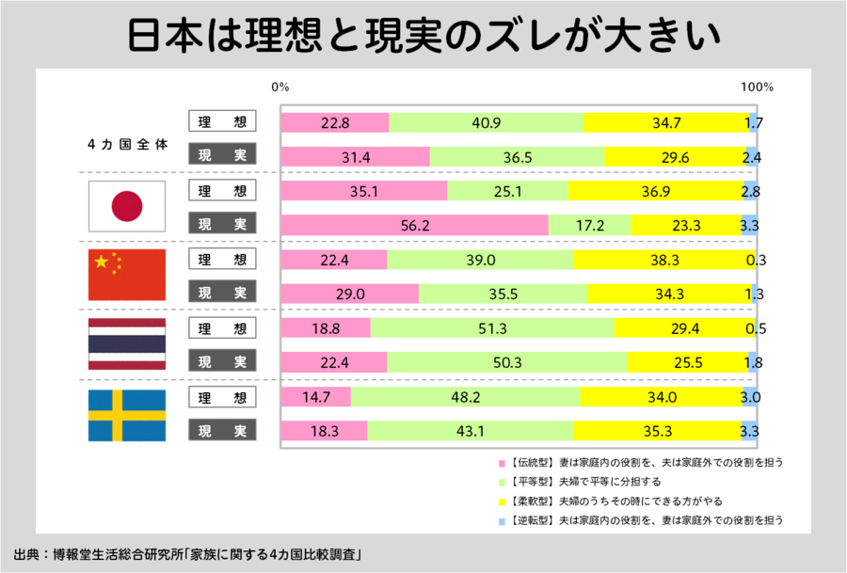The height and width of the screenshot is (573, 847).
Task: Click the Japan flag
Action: coord(127,206)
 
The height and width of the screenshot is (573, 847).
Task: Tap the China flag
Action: coord(127,275)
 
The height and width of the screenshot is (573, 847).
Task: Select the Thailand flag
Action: coord(127,344)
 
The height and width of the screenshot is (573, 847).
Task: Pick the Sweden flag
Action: coord(127,414)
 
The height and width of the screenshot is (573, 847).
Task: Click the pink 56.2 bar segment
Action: coord(414,225)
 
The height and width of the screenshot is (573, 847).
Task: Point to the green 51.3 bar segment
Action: coord(492,329)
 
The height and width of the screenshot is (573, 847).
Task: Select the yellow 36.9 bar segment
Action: coord(655,191)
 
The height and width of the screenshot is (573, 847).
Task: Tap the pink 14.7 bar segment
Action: coord(316,397)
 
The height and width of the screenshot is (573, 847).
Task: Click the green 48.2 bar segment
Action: coord(466,397)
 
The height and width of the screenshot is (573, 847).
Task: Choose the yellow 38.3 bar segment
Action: coord(663,261)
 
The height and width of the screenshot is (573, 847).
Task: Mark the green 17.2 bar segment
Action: coord(589,225)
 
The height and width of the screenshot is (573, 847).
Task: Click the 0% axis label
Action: coord(280,87)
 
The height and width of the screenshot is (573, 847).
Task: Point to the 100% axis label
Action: coord(757,87)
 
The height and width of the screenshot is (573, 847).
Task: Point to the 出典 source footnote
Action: coord(189,552)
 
